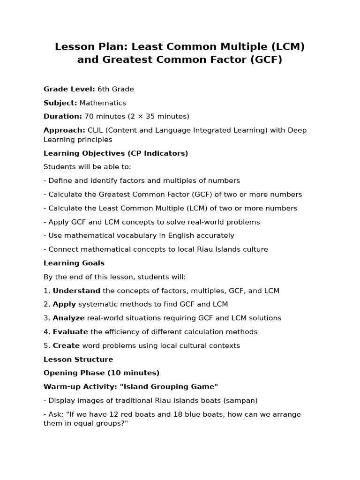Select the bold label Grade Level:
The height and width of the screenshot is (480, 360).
(69, 89)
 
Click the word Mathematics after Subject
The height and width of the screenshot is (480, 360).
(103, 103)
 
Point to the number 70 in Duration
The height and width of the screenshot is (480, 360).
(89, 116)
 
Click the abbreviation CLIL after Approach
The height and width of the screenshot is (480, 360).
(96, 130)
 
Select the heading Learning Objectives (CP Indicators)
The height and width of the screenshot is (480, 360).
(116, 153)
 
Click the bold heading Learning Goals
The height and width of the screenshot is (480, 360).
(74, 263)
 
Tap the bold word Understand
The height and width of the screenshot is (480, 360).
(76, 291)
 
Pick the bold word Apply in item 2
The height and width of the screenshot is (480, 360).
(64, 304)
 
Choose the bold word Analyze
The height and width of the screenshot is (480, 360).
(69, 318)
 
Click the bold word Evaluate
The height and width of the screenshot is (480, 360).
(70, 332)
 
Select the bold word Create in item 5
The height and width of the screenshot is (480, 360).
(66, 345)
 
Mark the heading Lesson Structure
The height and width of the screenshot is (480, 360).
(78, 360)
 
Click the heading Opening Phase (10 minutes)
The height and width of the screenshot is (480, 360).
(102, 373)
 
